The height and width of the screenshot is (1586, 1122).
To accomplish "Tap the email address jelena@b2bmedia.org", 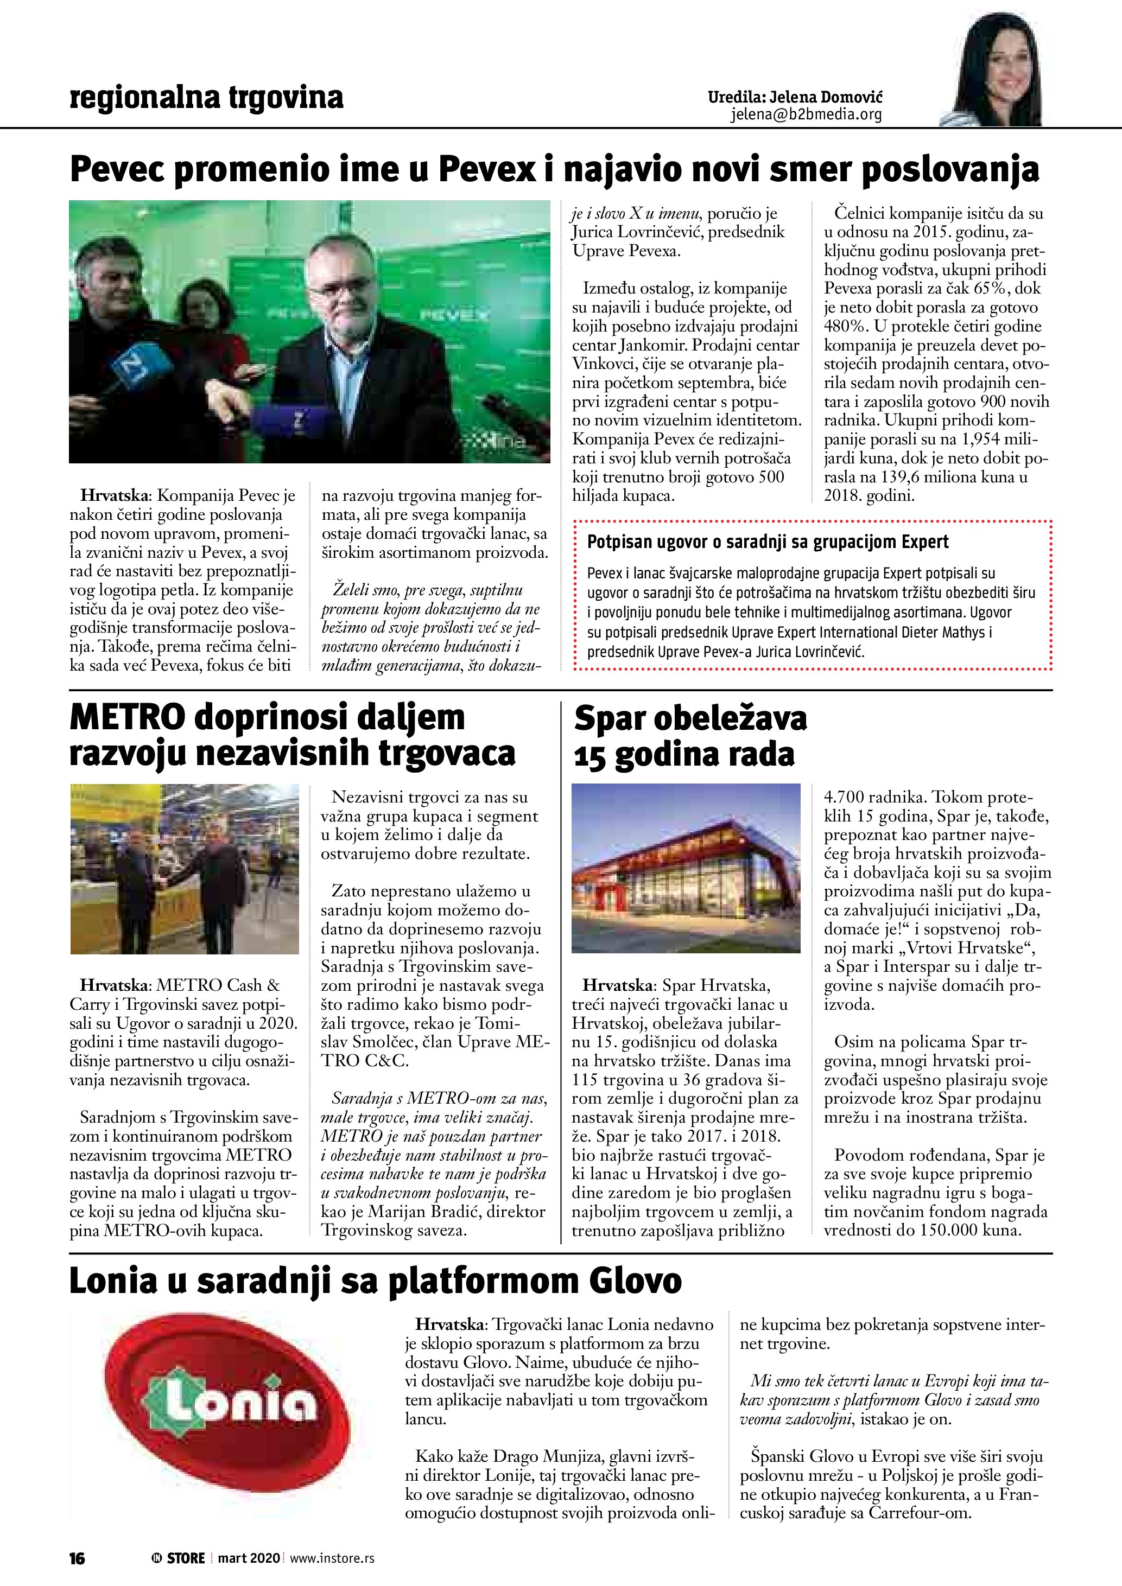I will [x=806, y=114].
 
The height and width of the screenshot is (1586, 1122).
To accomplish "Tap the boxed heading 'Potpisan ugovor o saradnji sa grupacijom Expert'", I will [x=768, y=542].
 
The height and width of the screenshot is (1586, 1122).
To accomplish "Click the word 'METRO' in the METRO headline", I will [x=127, y=718].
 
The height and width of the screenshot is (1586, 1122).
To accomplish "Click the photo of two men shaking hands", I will [x=185, y=869].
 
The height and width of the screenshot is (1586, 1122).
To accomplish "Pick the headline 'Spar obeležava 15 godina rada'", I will [x=689, y=736].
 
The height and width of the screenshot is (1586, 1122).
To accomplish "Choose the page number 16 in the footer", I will [x=77, y=1558].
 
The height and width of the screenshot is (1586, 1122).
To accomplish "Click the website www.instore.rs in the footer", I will [x=332, y=1558].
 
